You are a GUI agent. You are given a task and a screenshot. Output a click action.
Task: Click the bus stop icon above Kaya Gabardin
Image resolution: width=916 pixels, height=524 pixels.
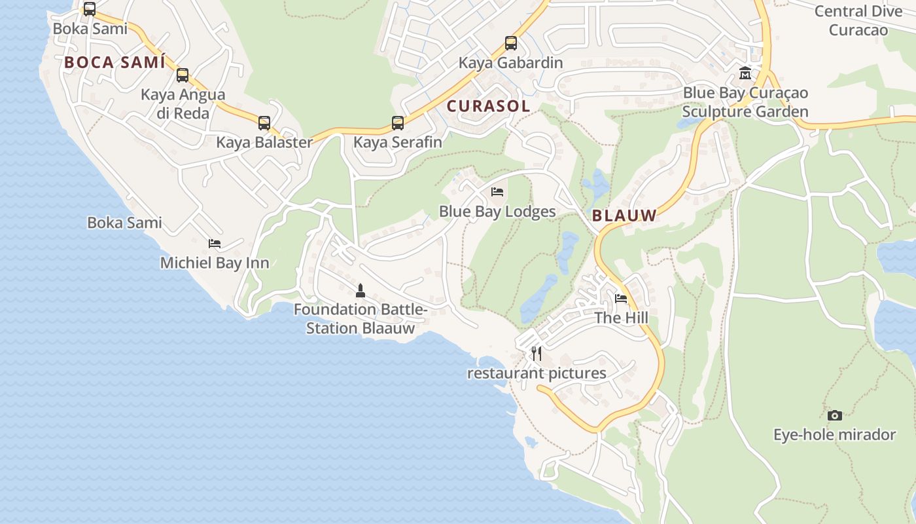(x=511, y=43)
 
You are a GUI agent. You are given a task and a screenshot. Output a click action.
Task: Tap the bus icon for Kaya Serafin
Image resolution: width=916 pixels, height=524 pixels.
(x=398, y=122)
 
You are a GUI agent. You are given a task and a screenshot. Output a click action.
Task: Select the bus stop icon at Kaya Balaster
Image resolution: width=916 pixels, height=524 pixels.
(x=264, y=122)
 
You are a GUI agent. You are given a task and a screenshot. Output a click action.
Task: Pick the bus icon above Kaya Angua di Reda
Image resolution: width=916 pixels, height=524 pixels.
(x=183, y=75)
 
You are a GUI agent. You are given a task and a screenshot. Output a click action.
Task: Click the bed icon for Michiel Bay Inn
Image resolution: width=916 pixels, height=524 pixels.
(x=215, y=244)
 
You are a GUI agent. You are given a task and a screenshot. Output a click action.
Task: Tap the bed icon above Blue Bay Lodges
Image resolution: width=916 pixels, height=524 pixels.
(x=497, y=192)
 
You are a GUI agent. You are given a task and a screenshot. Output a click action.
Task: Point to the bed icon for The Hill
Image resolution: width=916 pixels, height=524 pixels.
(x=621, y=299)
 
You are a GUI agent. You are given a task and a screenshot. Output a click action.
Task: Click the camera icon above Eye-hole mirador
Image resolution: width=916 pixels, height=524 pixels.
(x=834, y=415)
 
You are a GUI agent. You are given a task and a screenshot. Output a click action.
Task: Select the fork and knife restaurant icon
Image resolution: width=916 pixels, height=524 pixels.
(x=537, y=354)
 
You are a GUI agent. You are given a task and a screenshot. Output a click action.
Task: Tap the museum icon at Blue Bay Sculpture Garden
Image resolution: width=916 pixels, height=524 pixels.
(x=745, y=73)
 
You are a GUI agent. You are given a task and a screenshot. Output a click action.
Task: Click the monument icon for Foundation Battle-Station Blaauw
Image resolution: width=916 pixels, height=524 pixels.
(x=360, y=290)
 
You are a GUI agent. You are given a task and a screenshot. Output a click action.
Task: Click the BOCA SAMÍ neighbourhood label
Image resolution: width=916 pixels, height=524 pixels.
(x=114, y=63)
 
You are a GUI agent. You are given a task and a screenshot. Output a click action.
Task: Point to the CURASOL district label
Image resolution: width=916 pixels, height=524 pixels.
(x=488, y=106)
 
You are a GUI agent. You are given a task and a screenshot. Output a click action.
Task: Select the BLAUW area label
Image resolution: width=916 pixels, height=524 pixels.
(x=624, y=215)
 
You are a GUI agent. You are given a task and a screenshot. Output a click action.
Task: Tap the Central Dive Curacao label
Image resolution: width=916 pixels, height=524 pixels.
(x=858, y=20)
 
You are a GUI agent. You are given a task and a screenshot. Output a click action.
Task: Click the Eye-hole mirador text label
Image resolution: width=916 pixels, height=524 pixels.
(x=834, y=435)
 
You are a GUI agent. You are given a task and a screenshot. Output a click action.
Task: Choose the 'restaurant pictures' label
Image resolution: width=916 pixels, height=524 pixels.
(x=537, y=373)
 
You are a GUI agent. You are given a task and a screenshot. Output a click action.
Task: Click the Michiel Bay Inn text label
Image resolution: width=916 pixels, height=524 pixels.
(x=215, y=263)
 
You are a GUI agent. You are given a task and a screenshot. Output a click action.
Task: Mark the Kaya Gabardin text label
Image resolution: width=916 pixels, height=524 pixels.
(x=511, y=63)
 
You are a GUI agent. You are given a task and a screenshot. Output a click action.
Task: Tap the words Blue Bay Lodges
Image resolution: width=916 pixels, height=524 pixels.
(x=497, y=212)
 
